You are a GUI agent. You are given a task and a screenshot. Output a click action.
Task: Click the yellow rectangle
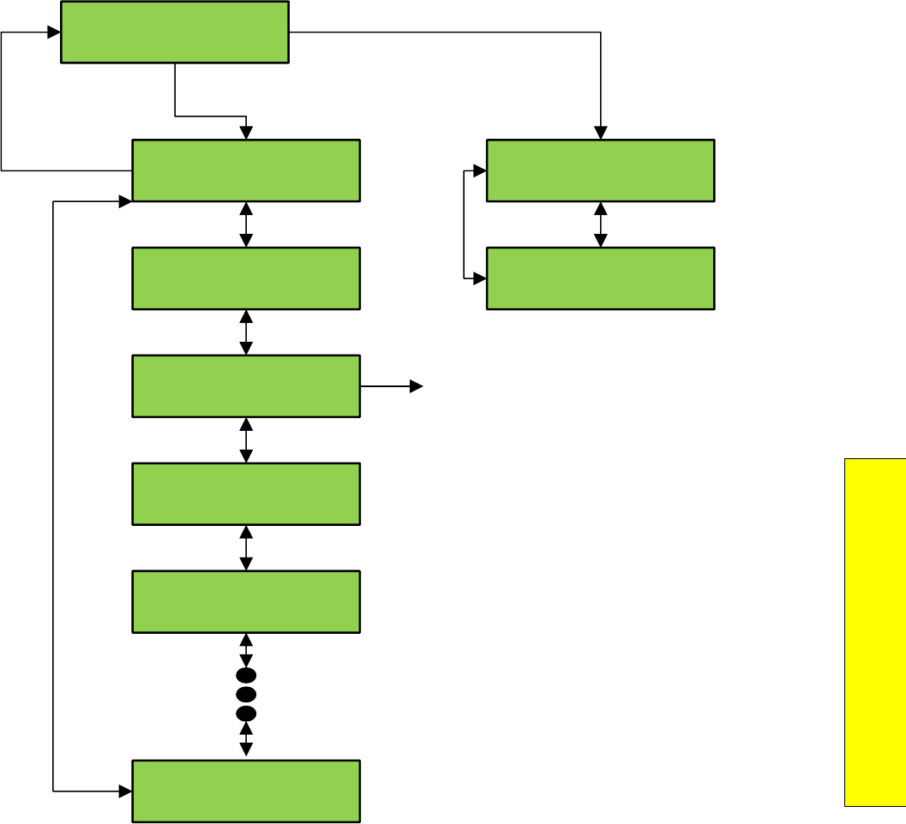[874, 632]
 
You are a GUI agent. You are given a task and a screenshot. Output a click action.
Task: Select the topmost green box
[175, 32]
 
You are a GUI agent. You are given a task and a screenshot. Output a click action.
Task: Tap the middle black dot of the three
[246, 694]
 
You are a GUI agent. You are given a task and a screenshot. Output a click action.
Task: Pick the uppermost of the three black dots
[246, 675]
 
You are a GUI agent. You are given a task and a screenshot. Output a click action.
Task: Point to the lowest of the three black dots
[246, 713]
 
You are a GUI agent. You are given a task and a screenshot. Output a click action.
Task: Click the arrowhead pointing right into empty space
[417, 386]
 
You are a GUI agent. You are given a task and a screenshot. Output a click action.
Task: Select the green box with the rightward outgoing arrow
[246, 386]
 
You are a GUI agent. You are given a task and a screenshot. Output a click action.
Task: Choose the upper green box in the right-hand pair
[600, 170]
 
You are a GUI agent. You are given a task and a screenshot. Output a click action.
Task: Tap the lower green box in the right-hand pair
[600, 278]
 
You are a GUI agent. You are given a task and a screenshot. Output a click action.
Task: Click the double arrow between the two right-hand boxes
[600, 224]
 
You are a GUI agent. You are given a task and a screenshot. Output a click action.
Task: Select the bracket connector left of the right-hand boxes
[465, 224]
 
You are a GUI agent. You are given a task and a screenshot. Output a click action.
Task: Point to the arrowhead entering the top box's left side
[54, 33]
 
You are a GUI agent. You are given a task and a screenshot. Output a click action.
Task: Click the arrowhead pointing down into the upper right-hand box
[600, 134]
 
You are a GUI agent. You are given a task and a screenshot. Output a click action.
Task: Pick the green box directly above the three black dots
[246, 601]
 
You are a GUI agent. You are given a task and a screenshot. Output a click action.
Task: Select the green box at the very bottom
[246, 791]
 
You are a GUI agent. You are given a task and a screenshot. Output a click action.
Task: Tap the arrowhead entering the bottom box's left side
[125, 791]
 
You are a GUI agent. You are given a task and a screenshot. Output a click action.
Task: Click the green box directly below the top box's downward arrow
[246, 170]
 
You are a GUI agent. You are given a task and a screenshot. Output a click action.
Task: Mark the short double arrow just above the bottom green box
[246, 739]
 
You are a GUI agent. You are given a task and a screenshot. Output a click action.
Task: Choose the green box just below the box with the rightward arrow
[246, 494]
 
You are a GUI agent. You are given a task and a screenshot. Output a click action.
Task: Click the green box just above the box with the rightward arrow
[246, 278]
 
